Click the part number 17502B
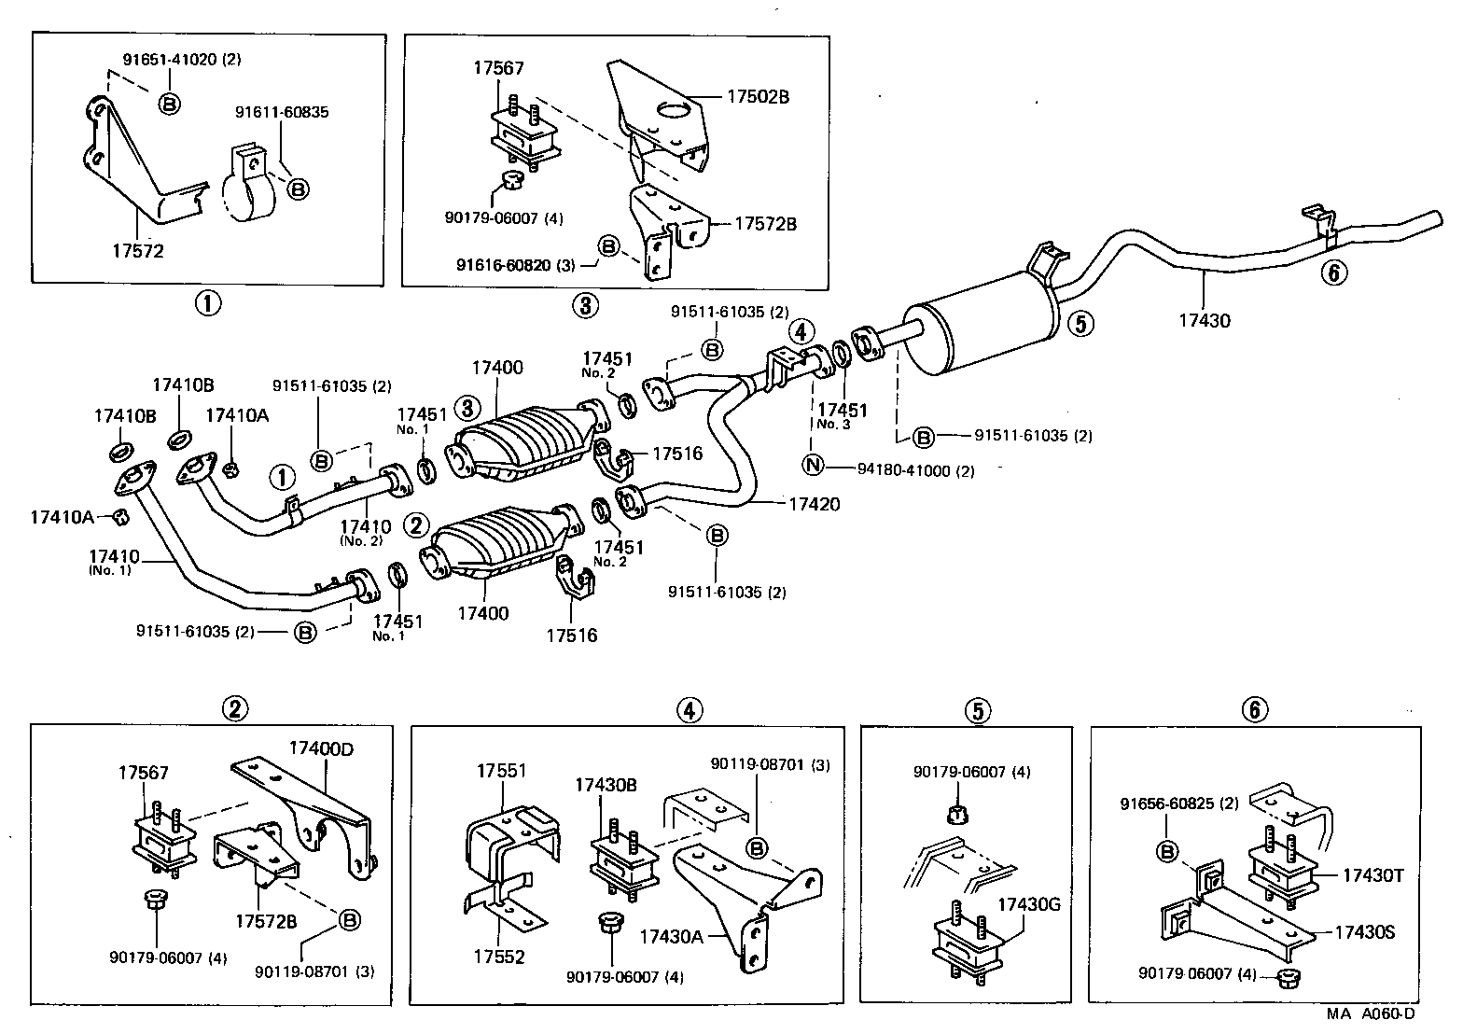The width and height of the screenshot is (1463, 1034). (758, 96)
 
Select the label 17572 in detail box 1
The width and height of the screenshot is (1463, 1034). (137, 250)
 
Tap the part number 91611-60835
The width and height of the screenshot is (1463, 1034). (281, 112)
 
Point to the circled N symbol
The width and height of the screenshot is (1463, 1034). (813, 465)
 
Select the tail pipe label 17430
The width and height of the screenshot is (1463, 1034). (1204, 320)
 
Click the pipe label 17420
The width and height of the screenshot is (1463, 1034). (814, 504)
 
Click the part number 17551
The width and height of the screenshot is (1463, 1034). (502, 771)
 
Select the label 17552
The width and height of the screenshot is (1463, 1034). (499, 957)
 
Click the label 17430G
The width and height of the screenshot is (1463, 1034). (1029, 903)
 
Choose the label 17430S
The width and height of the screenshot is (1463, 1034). (1364, 931)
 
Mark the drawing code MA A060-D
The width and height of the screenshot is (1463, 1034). (1371, 1013)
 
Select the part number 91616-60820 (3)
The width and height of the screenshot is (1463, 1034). (515, 264)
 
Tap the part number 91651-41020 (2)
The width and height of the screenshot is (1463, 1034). (182, 59)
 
